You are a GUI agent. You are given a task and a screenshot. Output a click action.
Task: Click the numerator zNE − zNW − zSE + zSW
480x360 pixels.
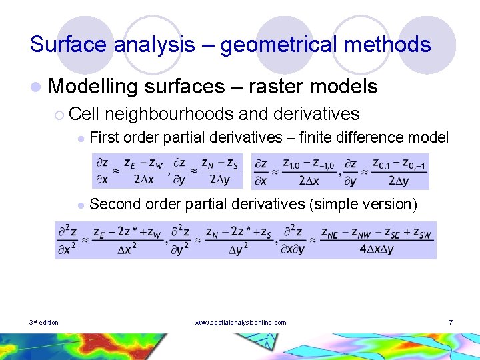tap(375, 233)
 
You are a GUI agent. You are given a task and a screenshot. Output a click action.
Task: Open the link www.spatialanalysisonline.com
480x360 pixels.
tap(240, 323)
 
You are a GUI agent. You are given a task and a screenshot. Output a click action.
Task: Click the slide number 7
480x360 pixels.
tap(451, 323)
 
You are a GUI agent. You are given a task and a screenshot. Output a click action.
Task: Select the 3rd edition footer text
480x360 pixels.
tap(44, 323)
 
